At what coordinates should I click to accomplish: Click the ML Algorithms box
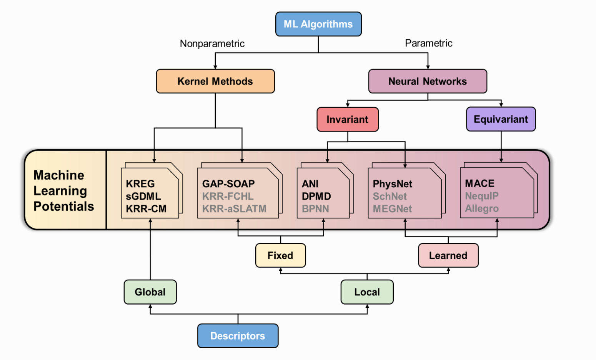click(318, 24)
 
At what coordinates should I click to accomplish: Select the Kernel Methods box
click(215, 81)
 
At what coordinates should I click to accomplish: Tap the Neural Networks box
click(428, 81)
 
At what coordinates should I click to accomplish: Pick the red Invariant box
click(348, 120)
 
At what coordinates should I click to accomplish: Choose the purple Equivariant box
click(501, 119)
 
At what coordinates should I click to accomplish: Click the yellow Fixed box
click(280, 255)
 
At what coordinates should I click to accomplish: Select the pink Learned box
click(448, 255)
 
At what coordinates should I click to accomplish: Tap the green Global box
click(150, 292)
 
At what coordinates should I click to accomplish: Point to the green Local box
click(367, 292)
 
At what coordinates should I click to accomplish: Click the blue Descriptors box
click(238, 336)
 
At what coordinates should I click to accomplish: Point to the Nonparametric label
click(212, 43)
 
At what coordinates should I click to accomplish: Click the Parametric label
click(429, 43)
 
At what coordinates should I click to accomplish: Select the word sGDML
click(143, 197)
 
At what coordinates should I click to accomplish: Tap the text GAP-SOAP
click(228, 184)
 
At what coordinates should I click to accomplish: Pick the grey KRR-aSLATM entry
click(234, 209)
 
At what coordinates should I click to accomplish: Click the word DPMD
click(316, 197)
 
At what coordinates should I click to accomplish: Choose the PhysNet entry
click(393, 184)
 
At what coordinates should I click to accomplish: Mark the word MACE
click(479, 183)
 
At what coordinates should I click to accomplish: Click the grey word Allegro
click(481, 208)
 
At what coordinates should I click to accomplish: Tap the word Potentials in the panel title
click(63, 206)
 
